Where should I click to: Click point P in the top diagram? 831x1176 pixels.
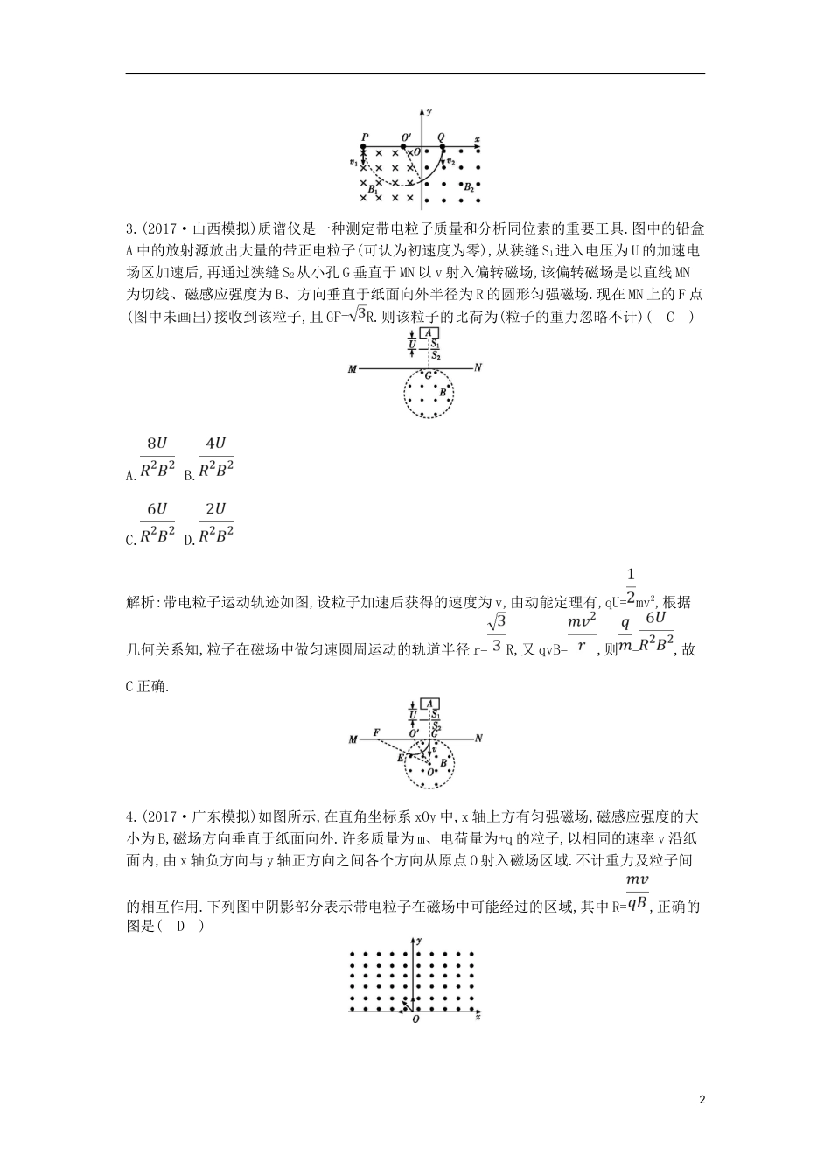364,139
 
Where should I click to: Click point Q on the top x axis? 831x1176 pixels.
441,138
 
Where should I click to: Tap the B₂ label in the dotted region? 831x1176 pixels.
469,187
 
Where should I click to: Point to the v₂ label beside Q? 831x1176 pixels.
450,162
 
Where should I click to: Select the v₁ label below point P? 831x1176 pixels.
353,162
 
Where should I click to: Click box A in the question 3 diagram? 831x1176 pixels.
429,333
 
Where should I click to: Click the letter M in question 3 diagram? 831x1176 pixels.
352,369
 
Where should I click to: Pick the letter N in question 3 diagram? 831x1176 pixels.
478,368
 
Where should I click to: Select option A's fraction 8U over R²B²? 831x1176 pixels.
157,457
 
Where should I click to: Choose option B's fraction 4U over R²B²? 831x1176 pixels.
215,457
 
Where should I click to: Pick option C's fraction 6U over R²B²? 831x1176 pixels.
157,522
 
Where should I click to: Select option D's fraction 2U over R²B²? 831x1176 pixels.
215,522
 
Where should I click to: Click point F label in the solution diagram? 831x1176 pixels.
376,731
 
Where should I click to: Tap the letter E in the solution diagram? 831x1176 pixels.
400,758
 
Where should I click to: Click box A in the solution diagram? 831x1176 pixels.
429,703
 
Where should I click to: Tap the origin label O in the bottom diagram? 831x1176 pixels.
415,1019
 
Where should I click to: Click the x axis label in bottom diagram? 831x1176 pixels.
477,1018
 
